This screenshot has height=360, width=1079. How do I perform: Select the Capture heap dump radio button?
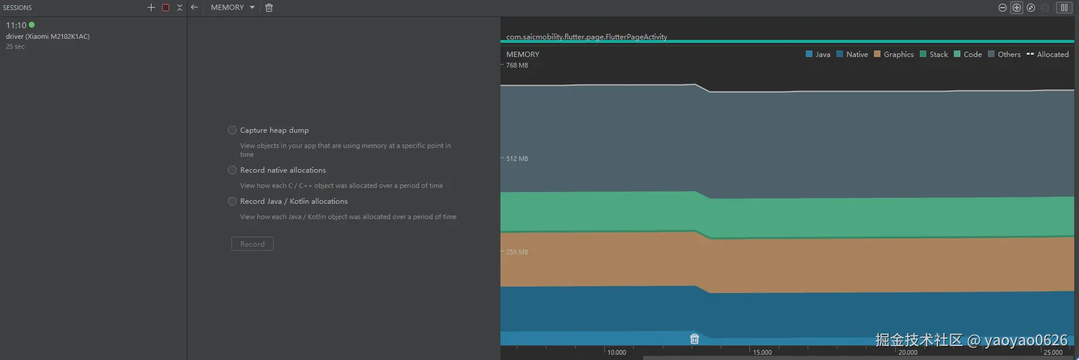[x=233, y=130]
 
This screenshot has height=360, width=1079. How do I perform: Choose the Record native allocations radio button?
[x=233, y=170]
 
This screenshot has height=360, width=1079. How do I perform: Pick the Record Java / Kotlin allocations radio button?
[x=233, y=201]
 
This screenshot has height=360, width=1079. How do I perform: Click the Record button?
[x=253, y=244]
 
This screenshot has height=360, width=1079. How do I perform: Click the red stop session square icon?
[x=166, y=8]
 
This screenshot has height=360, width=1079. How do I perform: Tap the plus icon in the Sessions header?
[x=151, y=8]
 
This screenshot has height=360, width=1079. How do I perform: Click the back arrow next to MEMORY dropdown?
[x=194, y=8]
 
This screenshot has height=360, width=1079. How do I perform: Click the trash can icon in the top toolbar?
[x=269, y=8]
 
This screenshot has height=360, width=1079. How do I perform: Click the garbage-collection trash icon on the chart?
[x=694, y=339]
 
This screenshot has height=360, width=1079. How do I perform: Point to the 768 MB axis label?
[x=517, y=65]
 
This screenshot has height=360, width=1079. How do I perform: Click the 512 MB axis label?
[x=517, y=159]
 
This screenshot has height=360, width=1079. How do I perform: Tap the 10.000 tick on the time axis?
[x=617, y=352]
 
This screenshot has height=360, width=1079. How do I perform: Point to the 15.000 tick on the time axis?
[x=762, y=352]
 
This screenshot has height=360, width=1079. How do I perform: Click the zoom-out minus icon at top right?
[x=1003, y=8]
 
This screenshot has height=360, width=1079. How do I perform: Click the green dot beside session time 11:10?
[x=32, y=25]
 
